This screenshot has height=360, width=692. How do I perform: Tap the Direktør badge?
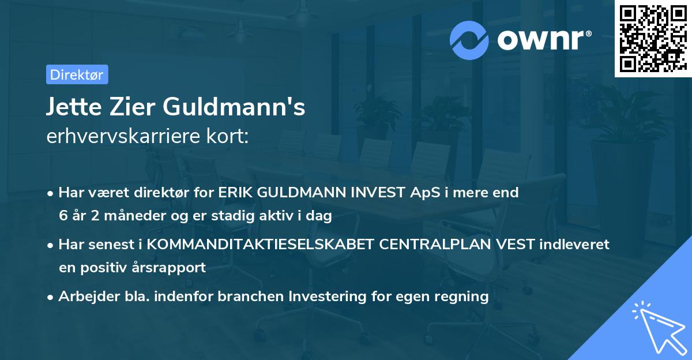pyautogui.click(x=77, y=74)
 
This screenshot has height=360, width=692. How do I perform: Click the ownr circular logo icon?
pyautogui.click(x=469, y=40)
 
